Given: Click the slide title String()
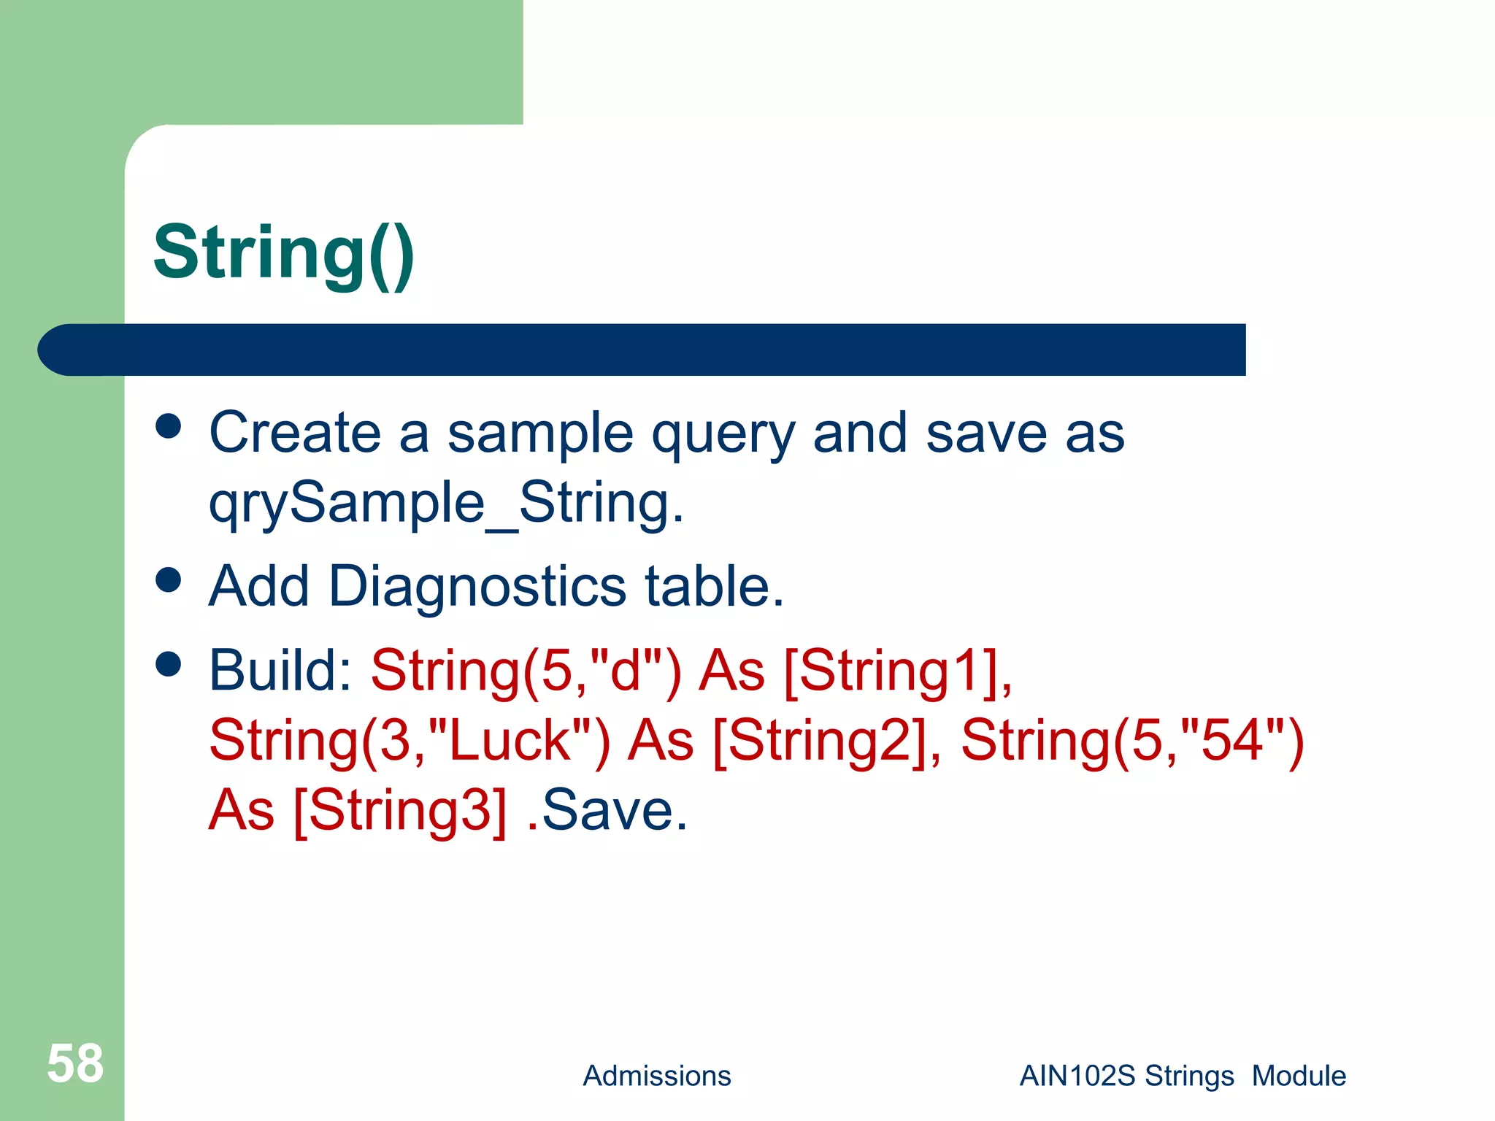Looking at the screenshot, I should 284,253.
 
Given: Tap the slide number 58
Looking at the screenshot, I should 75,1063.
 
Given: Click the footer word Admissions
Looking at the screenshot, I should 656,1076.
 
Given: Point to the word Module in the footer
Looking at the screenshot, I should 1299,1076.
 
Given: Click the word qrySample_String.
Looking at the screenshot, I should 446,504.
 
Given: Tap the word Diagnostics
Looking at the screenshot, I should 477,586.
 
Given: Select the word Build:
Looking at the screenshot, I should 281,670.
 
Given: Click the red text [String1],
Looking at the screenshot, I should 898,670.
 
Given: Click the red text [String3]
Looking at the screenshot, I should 399,810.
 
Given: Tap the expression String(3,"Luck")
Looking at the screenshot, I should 409,741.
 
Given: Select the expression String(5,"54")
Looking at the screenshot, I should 1132,741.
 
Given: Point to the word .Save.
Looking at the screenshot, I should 607,810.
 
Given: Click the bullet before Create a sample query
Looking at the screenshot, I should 169,426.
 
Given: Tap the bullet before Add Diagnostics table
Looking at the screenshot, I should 169,580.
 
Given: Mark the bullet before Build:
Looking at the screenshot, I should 169,664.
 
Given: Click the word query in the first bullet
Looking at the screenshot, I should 723,434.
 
